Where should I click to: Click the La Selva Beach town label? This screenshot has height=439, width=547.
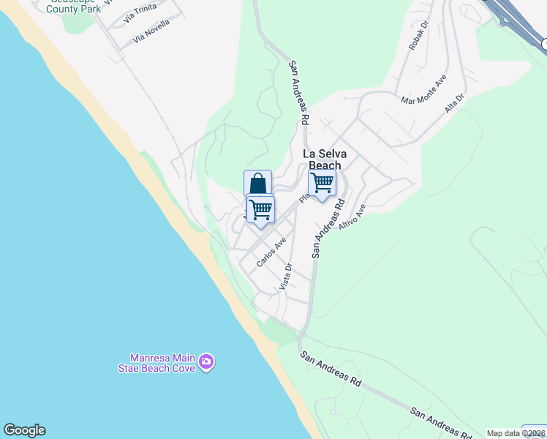(324, 160)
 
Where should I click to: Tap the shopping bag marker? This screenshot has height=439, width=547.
(257, 182)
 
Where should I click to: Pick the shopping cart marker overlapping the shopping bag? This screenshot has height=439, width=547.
(260, 210)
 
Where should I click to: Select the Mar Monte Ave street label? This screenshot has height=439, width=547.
(423, 91)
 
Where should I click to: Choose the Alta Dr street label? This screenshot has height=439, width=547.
(455, 103)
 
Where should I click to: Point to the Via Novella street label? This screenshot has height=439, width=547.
(152, 31)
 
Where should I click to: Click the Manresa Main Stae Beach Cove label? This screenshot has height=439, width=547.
(162, 363)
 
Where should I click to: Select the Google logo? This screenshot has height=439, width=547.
(24, 430)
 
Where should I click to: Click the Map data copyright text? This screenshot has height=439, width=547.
(516, 433)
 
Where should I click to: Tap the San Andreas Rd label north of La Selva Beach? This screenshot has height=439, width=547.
(300, 91)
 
